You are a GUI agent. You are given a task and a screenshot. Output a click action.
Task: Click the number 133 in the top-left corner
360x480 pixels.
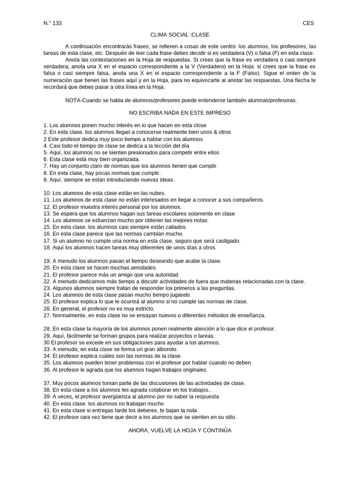57,23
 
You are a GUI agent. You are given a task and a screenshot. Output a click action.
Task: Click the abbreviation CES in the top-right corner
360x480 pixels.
308,23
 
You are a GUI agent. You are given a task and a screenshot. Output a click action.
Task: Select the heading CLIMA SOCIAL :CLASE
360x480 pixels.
180,35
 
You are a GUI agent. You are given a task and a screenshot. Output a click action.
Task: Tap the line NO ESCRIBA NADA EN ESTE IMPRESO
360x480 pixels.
180,113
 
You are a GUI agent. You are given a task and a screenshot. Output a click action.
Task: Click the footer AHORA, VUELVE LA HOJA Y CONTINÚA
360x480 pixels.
180,430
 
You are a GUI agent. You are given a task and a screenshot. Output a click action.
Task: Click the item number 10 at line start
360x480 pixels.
46,193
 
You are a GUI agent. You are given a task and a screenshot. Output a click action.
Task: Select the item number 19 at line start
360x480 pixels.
46,261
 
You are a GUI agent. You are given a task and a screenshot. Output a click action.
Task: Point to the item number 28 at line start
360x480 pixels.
46,329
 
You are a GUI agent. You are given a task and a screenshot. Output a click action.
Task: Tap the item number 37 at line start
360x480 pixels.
46,383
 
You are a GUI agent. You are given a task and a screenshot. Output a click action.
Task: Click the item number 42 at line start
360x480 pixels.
46,417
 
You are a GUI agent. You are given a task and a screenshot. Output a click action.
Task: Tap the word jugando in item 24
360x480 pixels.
180,295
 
